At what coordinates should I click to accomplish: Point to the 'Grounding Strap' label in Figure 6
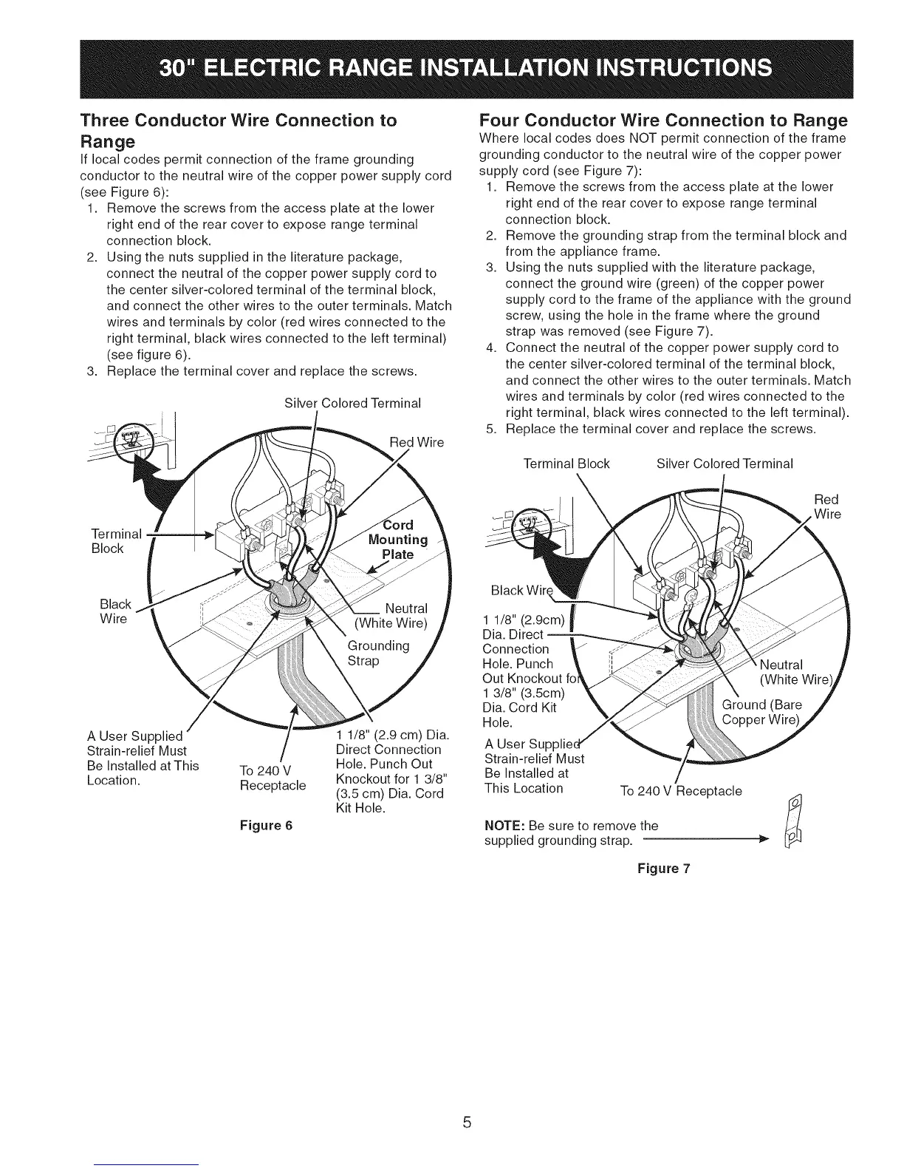coord(378,653)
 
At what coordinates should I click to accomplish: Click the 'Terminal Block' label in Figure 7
coord(566,464)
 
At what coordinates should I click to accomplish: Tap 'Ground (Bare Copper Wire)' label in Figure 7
coord(761,711)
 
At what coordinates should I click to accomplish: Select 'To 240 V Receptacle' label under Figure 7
coord(681,791)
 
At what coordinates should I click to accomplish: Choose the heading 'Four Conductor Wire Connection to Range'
coord(662,120)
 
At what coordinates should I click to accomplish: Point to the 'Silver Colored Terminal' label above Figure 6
coord(352,404)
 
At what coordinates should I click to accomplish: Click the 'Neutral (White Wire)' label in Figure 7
coord(783,671)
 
